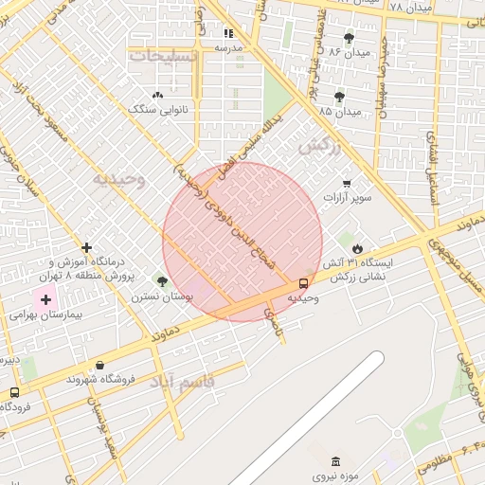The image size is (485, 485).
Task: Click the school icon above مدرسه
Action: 227,32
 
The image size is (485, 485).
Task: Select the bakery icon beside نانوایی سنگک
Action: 157,95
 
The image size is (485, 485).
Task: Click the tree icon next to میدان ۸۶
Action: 349,38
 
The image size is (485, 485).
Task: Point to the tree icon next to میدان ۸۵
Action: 339,98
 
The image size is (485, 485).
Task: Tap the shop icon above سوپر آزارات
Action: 347,183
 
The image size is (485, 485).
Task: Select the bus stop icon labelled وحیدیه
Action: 303,282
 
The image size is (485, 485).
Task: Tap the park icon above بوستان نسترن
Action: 161,280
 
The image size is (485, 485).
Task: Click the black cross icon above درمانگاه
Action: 86,247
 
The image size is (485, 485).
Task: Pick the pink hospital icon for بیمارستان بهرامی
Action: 45,299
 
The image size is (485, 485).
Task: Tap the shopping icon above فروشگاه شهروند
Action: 99,365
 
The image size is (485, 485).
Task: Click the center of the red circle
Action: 242,242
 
